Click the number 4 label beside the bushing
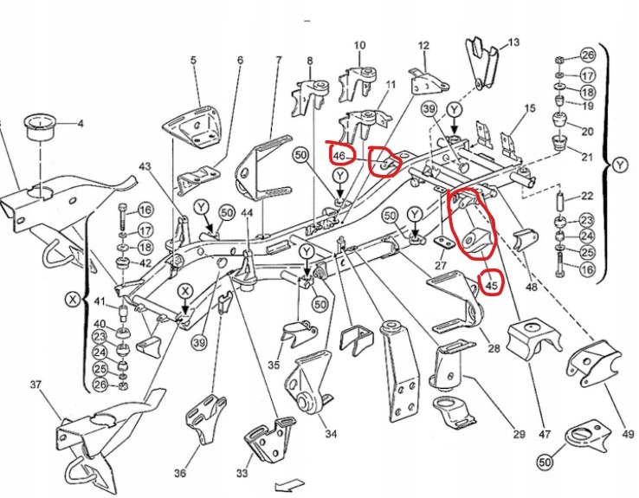[x=81, y=124]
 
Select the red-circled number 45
[x=491, y=282]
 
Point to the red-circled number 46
[x=339, y=156]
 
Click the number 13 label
[x=513, y=42]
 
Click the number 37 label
[x=36, y=384]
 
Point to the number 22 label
[x=587, y=197]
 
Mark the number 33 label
[x=242, y=473]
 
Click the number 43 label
[x=144, y=166]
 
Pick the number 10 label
[x=359, y=44]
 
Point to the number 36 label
[x=179, y=472]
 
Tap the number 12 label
[x=423, y=45]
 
